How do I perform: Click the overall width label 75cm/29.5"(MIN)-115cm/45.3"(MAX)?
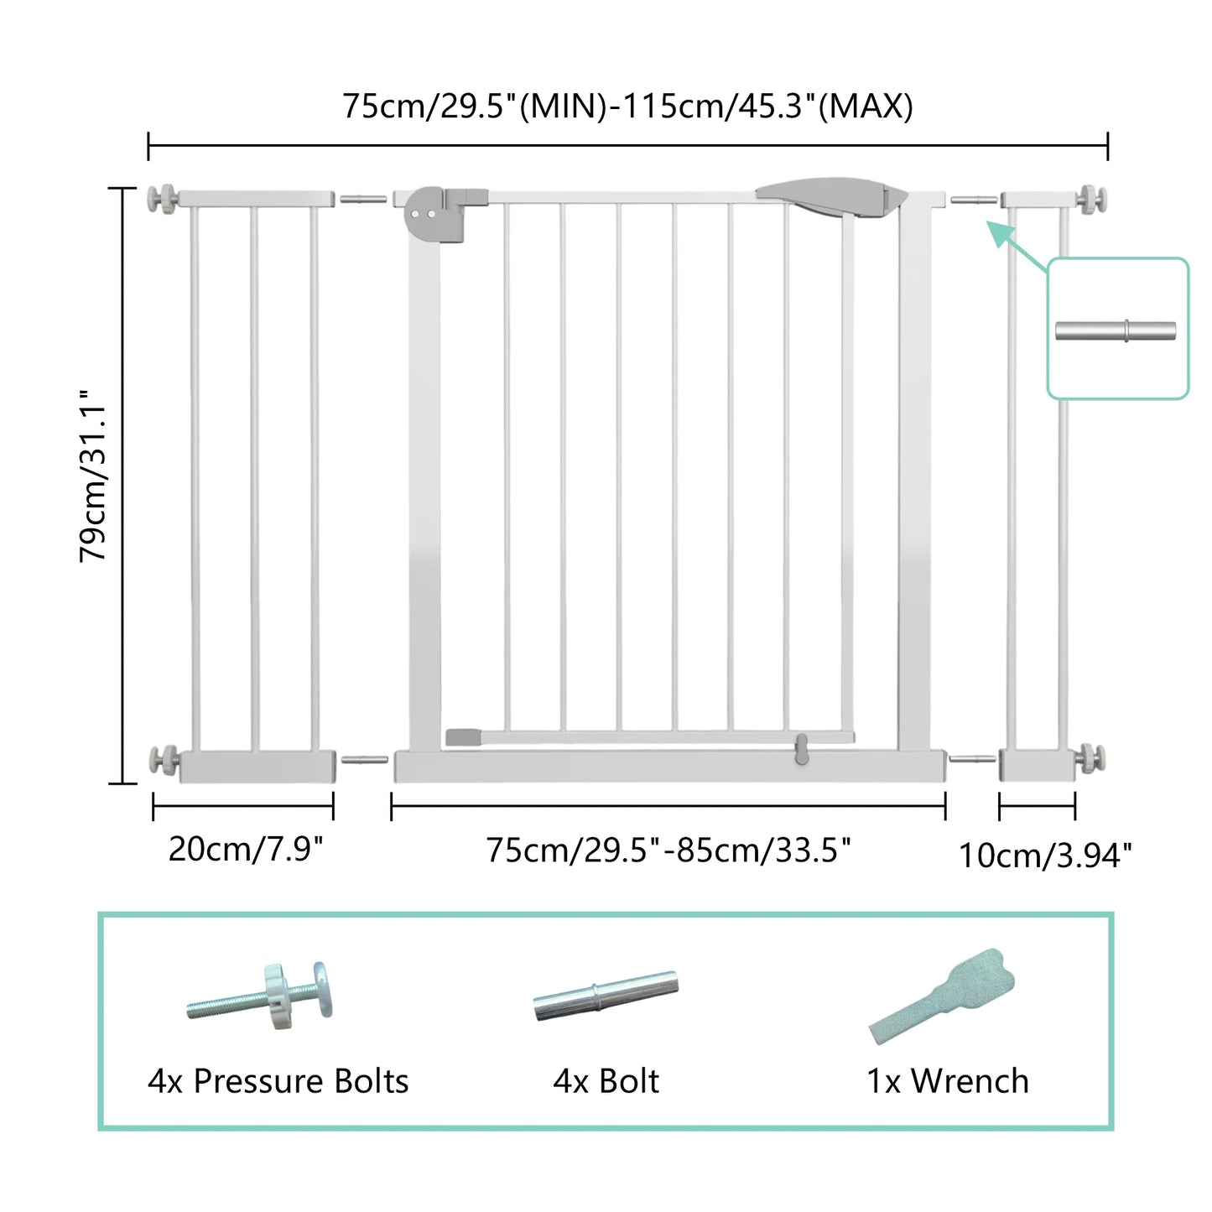click(627, 107)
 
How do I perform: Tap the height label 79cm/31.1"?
click(93, 475)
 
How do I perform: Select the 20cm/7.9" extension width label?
click(246, 849)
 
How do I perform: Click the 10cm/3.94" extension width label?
click(1045, 856)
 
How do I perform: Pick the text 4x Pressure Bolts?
click(278, 1081)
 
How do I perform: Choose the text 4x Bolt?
click(606, 1081)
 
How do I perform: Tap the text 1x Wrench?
click(947, 1081)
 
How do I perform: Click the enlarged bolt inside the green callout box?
click(1116, 330)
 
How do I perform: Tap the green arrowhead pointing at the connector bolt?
click(997, 231)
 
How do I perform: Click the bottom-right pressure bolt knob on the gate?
click(1093, 758)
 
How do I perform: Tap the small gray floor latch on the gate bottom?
click(801, 748)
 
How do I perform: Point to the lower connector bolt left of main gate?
click(363, 760)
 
